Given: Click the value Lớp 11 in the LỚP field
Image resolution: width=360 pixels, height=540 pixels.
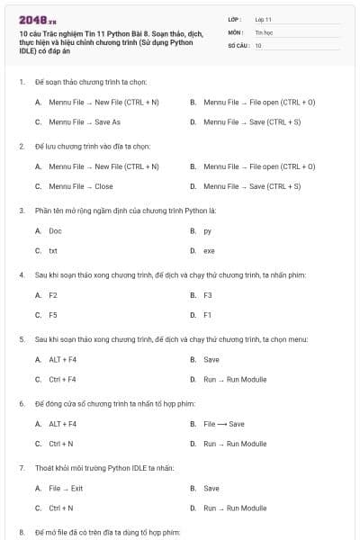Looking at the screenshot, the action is (x=264, y=18).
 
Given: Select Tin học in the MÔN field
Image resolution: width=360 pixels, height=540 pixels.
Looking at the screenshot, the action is (x=263, y=31).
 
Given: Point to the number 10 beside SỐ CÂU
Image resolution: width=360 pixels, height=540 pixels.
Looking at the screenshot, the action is (x=258, y=45).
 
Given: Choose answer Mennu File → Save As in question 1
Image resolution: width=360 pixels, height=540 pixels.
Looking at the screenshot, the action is (x=84, y=121).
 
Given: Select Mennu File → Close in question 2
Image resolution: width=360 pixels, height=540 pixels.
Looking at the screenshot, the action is (x=80, y=186).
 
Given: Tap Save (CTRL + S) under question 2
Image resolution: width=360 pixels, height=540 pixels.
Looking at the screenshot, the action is (x=252, y=186).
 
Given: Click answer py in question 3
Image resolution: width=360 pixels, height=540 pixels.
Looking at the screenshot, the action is (x=208, y=231).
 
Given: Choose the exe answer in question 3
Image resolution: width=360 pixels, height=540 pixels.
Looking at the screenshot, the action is (x=209, y=250).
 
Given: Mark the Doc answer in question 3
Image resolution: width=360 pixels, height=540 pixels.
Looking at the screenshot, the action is (x=55, y=231).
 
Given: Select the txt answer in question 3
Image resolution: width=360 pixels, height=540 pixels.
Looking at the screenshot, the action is (x=53, y=250).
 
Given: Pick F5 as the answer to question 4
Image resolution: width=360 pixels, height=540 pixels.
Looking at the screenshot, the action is (x=53, y=315).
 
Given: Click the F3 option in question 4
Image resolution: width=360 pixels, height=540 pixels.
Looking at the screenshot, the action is (x=208, y=295).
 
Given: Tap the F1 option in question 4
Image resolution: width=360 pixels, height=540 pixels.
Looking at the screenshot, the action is (x=208, y=315).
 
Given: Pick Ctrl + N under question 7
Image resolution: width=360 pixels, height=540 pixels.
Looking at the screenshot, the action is (x=61, y=508).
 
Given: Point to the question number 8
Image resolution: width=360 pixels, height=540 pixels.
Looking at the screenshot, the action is (x=21, y=533).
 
